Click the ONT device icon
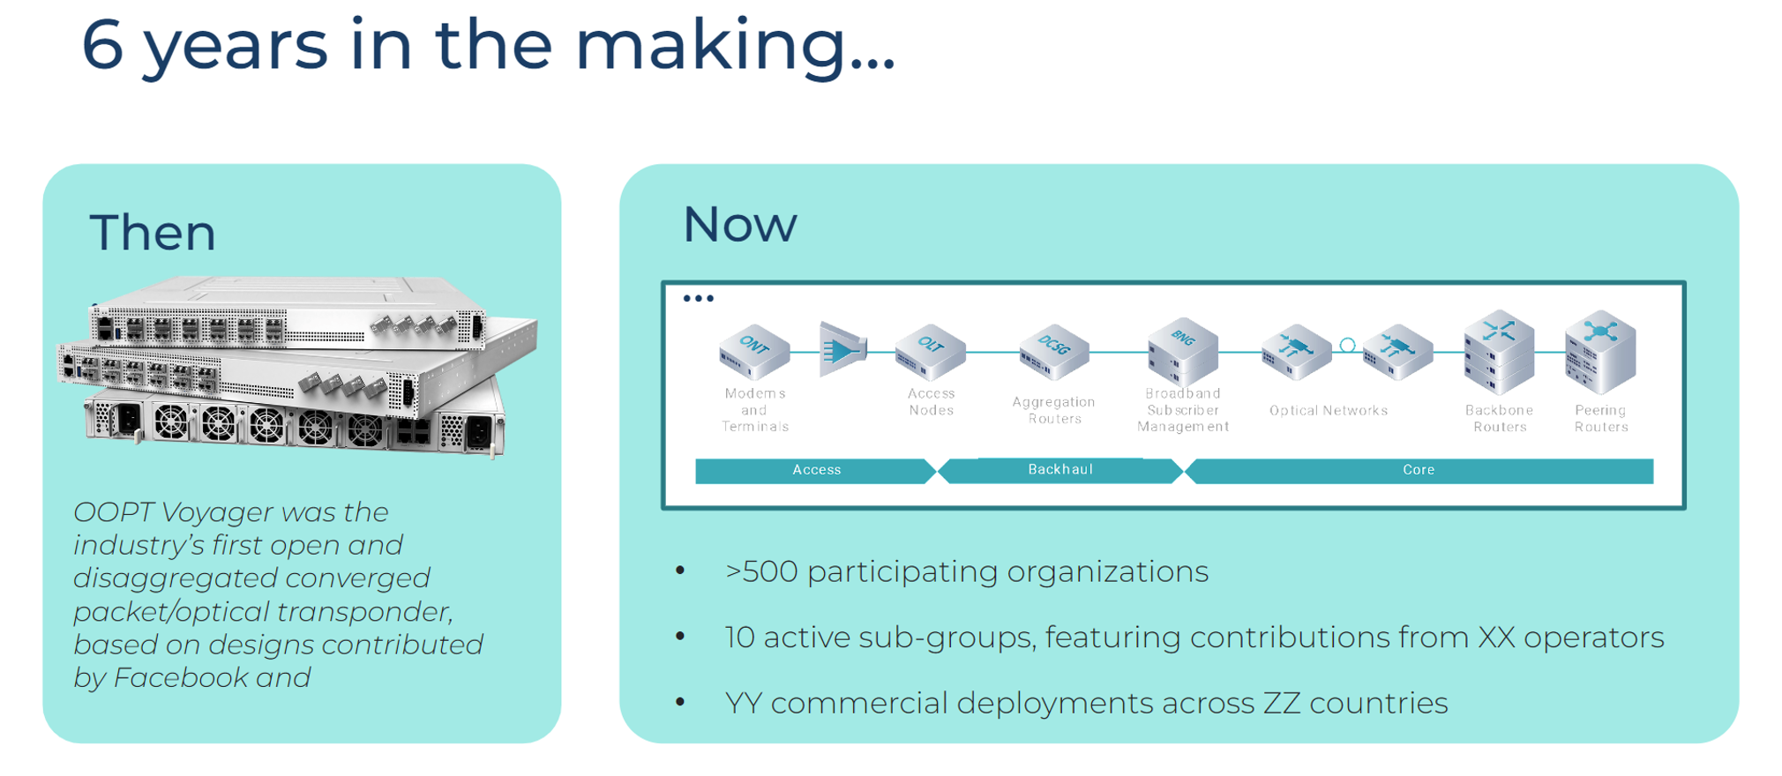754,351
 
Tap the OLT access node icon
930,351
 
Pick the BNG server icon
1183,350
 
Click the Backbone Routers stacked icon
1499,351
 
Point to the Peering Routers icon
1600,351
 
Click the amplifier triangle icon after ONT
843,350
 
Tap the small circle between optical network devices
1347,346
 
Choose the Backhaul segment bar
1060,470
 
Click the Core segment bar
1419,471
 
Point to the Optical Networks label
1329,410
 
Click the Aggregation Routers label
1054,410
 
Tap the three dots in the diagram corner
699,299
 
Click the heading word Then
153,233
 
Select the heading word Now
740,224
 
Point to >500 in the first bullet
760,571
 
